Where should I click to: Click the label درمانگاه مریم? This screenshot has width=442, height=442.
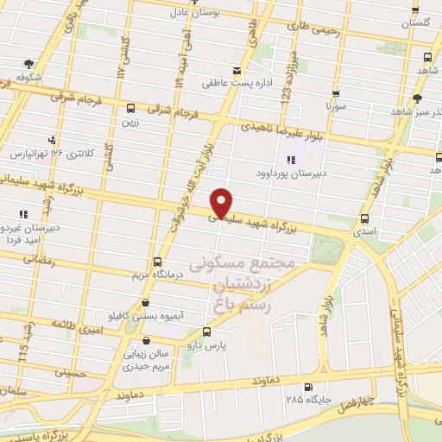tap(157, 275)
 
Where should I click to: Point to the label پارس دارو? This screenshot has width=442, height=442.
tap(205, 344)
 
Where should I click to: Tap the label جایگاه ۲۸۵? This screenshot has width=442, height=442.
tap(308, 400)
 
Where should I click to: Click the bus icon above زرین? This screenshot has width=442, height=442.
tap(130, 109)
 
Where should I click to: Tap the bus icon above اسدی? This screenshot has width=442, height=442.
tap(364, 218)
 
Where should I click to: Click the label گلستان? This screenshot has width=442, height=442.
tap(415, 24)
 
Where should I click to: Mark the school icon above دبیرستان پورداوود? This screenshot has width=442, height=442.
tap(291, 160)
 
